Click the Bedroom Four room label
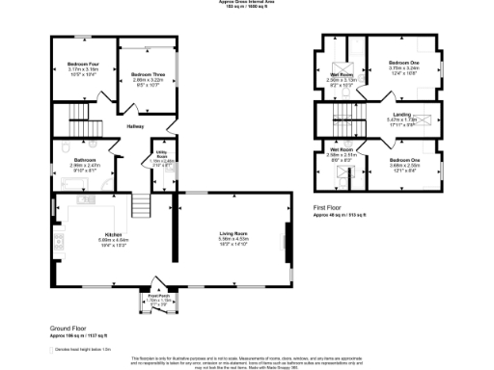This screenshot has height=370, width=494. click(83, 64)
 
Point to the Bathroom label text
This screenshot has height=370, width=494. click(84, 160)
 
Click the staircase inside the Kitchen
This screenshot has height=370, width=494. click(141, 205)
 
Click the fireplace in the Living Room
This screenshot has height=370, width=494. click(287, 239)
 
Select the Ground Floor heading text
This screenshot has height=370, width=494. click(70, 329)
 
